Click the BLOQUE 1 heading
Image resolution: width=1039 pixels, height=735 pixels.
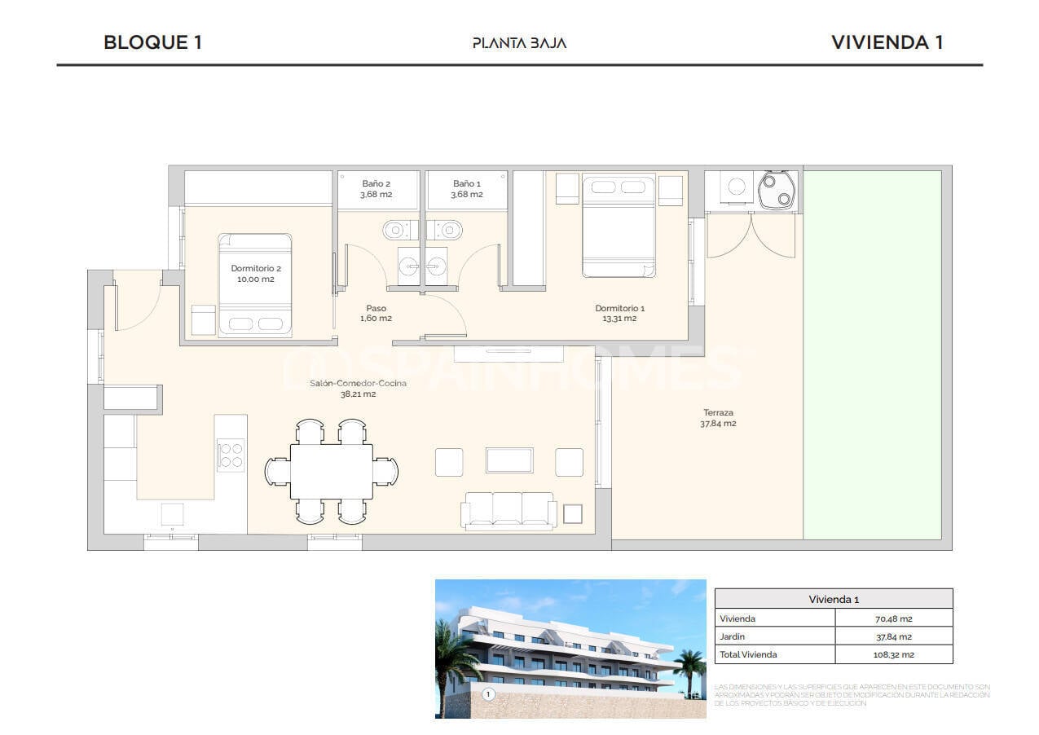[x=152, y=42]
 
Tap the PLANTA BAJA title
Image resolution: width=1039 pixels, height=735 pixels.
[x=519, y=43]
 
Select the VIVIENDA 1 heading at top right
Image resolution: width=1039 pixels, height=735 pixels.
[x=887, y=42]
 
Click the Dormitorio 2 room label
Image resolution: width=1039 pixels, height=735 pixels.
[x=256, y=274]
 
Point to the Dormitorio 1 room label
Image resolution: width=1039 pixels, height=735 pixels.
[x=619, y=313]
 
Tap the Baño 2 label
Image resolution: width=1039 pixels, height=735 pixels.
[x=376, y=189]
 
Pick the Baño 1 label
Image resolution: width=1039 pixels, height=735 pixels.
[x=467, y=189]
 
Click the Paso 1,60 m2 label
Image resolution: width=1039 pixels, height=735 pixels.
[x=376, y=313]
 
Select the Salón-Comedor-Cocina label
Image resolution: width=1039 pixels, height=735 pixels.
[x=358, y=389]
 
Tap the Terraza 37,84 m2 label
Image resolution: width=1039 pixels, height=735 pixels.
[x=718, y=418]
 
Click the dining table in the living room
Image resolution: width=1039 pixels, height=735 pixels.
[x=331, y=471]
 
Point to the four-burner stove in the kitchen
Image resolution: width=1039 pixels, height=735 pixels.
[x=231, y=455]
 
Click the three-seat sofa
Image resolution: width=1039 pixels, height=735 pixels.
[x=509, y=510]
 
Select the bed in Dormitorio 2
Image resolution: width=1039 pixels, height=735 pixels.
[x=255, y=284]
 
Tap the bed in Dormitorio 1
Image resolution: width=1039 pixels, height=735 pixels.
[x=619, y=225]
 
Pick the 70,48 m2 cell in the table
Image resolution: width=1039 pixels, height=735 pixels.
[x=893, y=618]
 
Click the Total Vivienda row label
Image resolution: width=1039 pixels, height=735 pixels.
[x=748, y=654]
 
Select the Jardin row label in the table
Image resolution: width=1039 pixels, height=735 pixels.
[x=732, y=636]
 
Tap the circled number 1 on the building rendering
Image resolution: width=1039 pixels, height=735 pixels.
[x=488, y=694]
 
